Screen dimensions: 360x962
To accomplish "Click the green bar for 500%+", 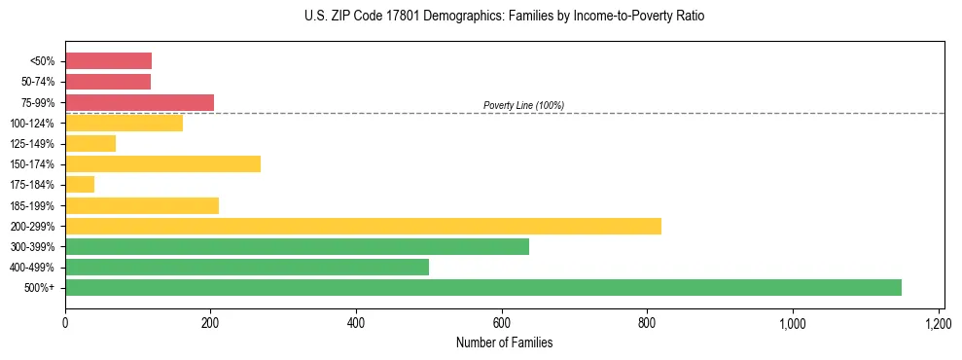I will pyautogui.click(x=483, y=287).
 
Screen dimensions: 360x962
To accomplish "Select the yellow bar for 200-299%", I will pyautogui.click(x=363, y=226).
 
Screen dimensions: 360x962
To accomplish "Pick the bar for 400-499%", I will pyautogui.click(x=247, y=267).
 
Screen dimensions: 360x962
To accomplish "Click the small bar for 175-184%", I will pyautogui.click(x=80, y=184).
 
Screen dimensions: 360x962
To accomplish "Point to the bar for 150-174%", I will pyautogui.click(x=162, y=163).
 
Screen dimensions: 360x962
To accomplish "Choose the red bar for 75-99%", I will pyautogui.click(x=139, y=102).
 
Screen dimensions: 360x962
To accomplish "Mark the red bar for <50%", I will pyautogui.click(x=108, y=61).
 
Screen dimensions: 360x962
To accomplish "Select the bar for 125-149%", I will pyautogui.click(x=90, y=143).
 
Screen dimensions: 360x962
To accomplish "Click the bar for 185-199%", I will pyautogui.click(x=142, y=205).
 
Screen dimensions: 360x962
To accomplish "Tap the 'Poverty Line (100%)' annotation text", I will pyautogui.click(x=523, y=105).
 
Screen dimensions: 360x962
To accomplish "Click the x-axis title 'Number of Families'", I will pyautogui.click(x=504, y=342).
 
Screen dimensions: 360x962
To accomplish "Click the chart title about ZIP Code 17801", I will pyautogui.click(x=504, y=17).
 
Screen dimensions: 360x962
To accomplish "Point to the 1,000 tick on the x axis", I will pyautogui.click(x=793, y=322).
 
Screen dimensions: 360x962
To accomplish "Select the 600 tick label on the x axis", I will pyautogui.click(x=502, y=322).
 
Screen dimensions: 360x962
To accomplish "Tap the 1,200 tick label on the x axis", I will pyautogui.click(x=938, y=322).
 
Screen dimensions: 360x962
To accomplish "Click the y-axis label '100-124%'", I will pyautogui.click(x=32, y=124).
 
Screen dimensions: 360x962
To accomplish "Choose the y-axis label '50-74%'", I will pyautogui.click(x=36, y=82).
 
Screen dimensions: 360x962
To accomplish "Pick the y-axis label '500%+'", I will pyautogui.click(x=40, y=288).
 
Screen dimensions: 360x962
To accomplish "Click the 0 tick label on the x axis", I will pyautogui.click(x=65, y=322).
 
